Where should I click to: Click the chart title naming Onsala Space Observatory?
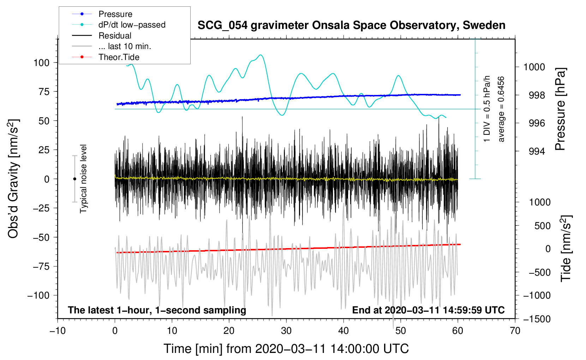(351, 25)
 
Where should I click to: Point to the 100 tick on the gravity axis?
(41, 63)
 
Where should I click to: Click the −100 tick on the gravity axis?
(38, 295)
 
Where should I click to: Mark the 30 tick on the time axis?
(286, 331)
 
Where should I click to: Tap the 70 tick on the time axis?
(515, 331)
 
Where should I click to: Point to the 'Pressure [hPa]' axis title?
(561, 109)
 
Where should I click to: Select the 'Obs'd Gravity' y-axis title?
(13, 179)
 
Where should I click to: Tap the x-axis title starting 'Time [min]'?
(286, 349)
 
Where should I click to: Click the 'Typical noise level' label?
(83, 179)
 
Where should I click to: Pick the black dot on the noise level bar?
(74, 179)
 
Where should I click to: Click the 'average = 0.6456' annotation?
(501, 109)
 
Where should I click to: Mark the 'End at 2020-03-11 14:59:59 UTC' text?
(428, 310)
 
